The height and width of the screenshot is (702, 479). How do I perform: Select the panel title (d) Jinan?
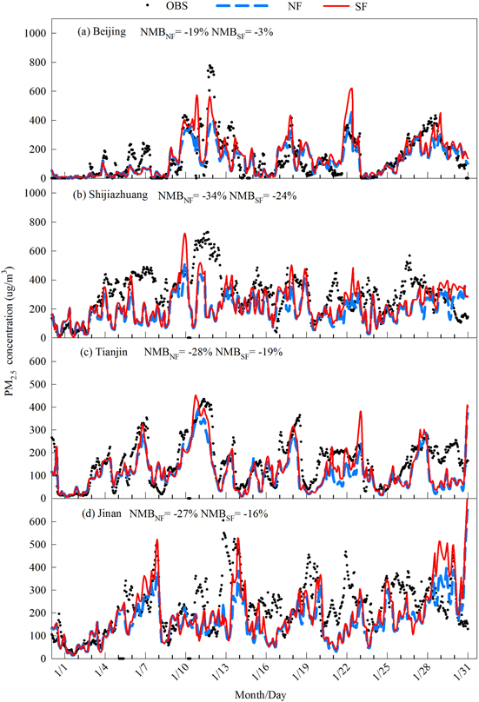[98, 514]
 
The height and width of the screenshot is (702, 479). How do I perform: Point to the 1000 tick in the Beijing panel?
[30, 33]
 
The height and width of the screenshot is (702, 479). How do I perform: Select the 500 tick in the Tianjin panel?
[33, 360]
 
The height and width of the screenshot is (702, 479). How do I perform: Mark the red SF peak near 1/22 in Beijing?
[350, 89]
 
